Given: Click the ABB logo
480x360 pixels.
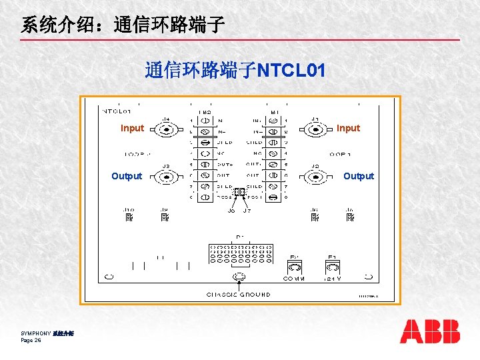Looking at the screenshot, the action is tap(429, 331).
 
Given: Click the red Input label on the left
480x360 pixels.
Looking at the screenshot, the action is tap(132, 128).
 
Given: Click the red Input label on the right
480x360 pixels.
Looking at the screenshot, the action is tap(348, 128).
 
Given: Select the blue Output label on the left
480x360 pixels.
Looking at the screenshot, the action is tap(127, 176).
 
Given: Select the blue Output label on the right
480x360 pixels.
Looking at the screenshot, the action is tap(359, 176).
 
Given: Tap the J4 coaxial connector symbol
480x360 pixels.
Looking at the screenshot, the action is tap(166, 129).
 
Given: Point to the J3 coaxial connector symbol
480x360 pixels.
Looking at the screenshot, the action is tap(166, 177).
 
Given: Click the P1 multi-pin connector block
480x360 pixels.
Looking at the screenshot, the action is tap(240, 253).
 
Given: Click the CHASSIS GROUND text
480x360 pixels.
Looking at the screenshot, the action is tap(238, 294).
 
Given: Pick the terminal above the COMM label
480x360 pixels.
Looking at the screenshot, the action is tap(294, 267).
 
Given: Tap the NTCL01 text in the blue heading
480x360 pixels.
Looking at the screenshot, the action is tap(291, 71).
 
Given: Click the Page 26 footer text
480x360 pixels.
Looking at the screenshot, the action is tap(31, 341).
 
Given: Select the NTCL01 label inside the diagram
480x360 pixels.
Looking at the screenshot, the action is tap(116, 111).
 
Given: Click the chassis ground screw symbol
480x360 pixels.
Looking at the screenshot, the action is tap(238, 277).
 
